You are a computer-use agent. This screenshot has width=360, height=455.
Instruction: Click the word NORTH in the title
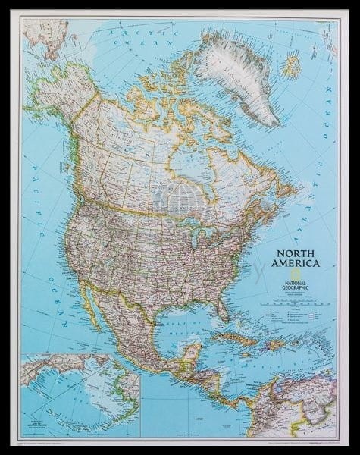click(x=292, y=253)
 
